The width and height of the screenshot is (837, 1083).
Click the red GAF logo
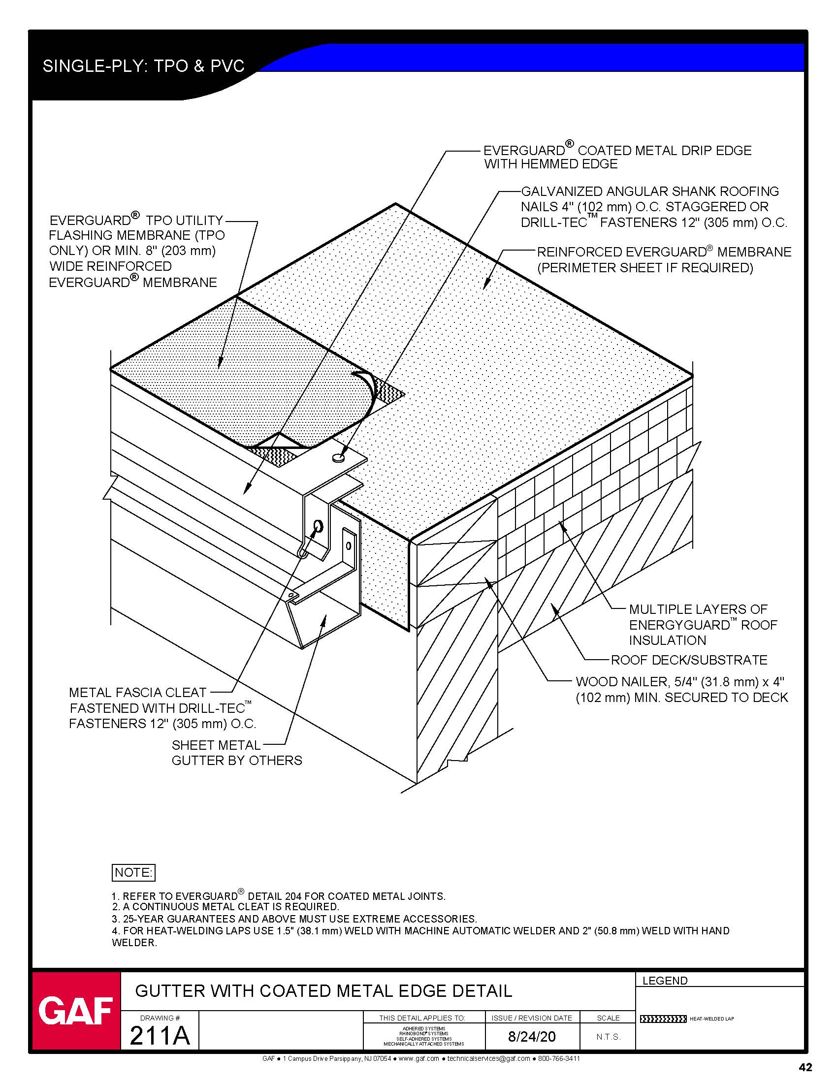coord(76,1012)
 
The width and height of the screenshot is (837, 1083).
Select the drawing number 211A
coord(159,1036)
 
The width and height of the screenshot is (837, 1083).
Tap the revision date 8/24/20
coord(532,1036)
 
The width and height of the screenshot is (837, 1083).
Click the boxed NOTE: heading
coord(133,872)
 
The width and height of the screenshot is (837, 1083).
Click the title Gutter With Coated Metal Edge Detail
coord(323,991)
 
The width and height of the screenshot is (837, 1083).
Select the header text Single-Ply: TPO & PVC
coord(143,66)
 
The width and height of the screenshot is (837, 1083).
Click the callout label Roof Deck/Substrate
coord(689,660)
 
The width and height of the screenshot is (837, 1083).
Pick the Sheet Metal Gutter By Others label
coord(236,753)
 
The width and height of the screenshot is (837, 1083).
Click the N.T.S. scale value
coord(608,1037)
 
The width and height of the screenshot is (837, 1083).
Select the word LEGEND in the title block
coord(665,980)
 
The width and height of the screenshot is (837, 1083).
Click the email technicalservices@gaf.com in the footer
coord(488,1059)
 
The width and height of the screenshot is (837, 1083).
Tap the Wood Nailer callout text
coord(681,690)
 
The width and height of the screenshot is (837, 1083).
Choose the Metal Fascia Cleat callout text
coord(162,707)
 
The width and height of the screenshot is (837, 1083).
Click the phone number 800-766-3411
coord(559,1059)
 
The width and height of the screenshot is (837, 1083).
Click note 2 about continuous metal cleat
coord(225,907)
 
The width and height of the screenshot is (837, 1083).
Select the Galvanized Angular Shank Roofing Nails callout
coord(653,207)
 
